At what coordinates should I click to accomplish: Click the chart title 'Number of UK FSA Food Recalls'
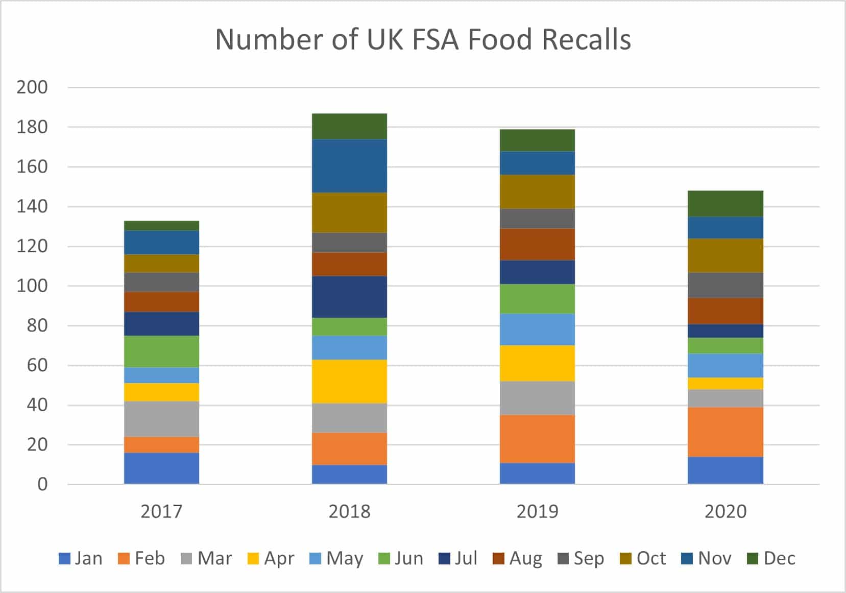423,39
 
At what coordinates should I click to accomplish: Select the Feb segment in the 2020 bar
725,432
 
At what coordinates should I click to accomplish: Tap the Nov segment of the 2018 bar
349,165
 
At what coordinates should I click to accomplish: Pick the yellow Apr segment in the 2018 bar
349,381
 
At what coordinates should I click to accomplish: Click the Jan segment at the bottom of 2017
161,468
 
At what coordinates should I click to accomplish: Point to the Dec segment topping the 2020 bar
725,203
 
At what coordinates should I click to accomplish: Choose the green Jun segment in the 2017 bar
161,351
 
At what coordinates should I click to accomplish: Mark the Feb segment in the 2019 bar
537,439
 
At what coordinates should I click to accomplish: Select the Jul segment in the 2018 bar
349,296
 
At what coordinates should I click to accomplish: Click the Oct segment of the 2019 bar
537,192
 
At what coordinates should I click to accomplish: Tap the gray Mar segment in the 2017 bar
161,419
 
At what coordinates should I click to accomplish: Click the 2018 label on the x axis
349,511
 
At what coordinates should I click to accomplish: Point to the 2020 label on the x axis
725,511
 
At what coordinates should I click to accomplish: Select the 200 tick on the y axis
32,87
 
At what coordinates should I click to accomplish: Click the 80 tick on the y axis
37,325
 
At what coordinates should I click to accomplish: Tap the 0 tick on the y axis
42,484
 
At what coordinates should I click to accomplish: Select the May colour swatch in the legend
316,559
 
